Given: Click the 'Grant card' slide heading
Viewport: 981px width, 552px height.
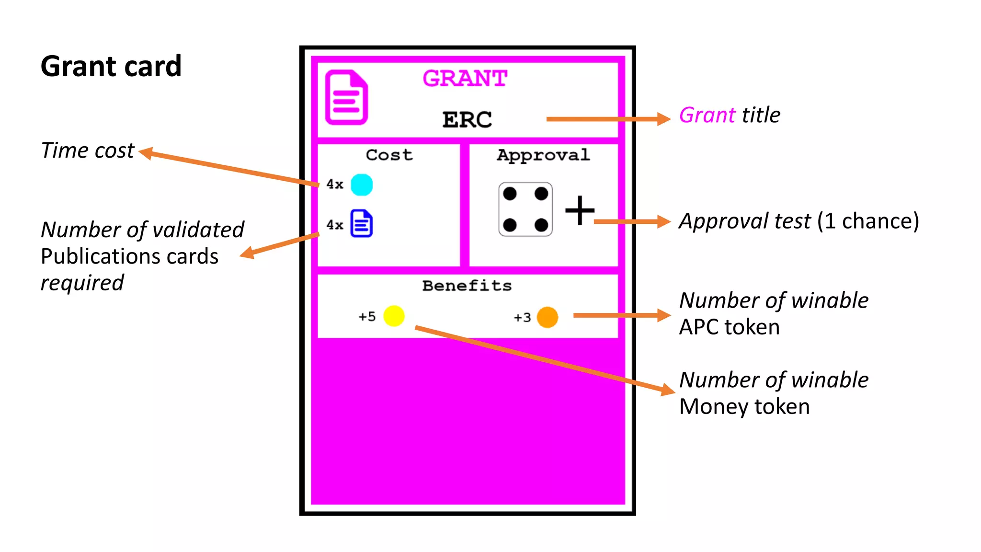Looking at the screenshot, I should pyautogui.click(x=111, y=66).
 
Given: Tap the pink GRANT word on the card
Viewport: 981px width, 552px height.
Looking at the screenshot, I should pyautogui.click(x=465, y=78).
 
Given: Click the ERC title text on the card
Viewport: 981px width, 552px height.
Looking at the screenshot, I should pyautogui.click(x=467, y=119).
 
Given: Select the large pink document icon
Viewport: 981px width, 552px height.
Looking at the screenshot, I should pyautogui.click(x=346, y=97).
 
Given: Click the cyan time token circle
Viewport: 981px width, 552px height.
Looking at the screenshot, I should pyautogui.click(x=362, y=184).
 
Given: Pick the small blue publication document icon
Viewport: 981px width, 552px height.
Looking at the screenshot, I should pyautogui.click(x=362, y=223).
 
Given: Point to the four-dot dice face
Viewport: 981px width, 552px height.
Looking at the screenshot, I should pyautogui.click(x=525, y=209).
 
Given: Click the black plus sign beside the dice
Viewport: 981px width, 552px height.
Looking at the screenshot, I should pyautogui.click(x=580, y=210).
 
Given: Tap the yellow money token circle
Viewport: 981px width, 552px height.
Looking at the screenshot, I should pyautogui.click(x=394, y=316).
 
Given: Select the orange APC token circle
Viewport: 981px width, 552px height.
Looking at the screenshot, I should pyautogui.click(x=548, y=317).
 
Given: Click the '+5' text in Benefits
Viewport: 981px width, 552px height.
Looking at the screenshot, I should pyautogui.click(x=367, y=317).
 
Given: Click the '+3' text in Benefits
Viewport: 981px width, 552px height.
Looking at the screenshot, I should pyautogui.click(x=522, y=318).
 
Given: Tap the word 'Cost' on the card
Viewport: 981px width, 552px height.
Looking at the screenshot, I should pyautogui.click(x=389, y=155).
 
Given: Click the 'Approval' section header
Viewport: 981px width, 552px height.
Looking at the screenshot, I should pyautogui.click(x=543, y=155).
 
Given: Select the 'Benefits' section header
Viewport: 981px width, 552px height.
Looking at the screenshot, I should pyautogui.click(x=467, y=286).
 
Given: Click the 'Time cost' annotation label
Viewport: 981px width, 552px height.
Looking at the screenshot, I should pyautogui.click(x=88, y=150).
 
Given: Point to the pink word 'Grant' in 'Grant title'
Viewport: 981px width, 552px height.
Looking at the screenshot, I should pyautogui.click(x=707, y=115).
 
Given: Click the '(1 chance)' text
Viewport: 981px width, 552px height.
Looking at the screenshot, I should pyautogui.click(x=867, y=221).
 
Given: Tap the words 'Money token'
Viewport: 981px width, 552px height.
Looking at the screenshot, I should pyautogui.click(x=744, y=406).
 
